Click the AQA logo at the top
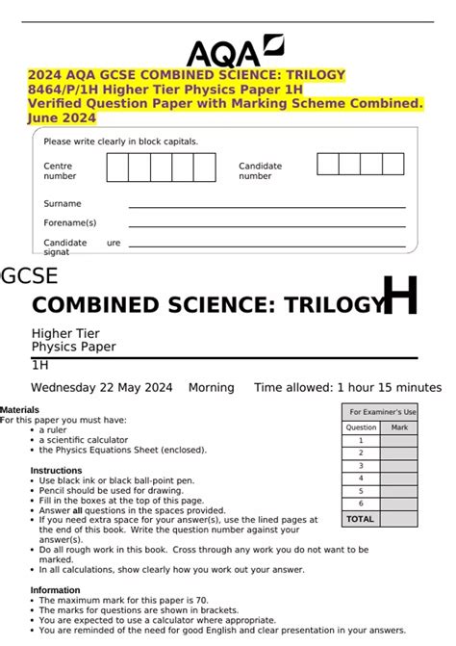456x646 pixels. (x=235, y=49)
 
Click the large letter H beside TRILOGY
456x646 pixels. (x=400, y=296)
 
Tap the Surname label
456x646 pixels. (x=63, y=203)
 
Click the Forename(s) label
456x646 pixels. (x=69, y=222)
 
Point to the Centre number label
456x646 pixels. (x=60, y=171)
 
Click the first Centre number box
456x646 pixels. (x=116, y=167)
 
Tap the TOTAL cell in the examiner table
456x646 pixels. (x=360, y=518)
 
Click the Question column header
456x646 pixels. (x=361, y=426)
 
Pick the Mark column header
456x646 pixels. (x=399, y=426)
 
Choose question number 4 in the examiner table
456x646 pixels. (x=361, y=478)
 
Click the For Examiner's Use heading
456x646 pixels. (x=382, y=411)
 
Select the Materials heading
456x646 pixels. (x=19, y=410)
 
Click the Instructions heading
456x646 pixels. (x=56, y=471)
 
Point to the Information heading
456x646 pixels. (x=55, y=590)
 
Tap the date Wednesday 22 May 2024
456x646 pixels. (x=102, y=387)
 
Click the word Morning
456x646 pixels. (x=211, y=387)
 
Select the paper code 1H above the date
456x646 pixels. (x=39, y=366)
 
